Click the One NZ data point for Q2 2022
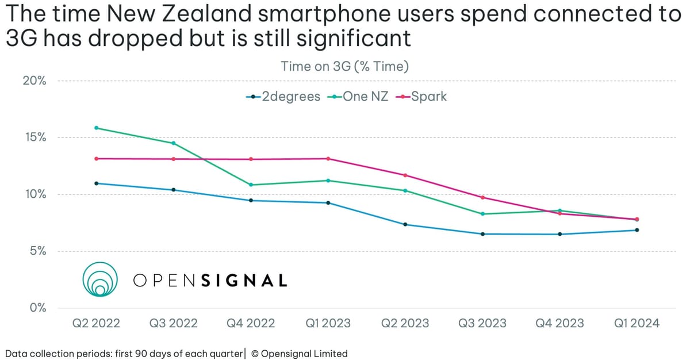pyautogui.click(x=96, y=128)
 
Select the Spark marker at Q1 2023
pyautogui.click(x=328, y=159)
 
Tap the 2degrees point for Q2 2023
pyautogui.click(x=405, y=224)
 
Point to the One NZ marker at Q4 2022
pyautogui.click(x=251, y=185)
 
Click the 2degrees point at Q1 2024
pyautogui.click(x=637, y=230)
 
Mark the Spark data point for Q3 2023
pyautogui.click(x=482, y=197)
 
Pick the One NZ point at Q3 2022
pyautogui.click(x=173, y=143)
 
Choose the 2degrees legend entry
pyautogui.click(x=283, y=97)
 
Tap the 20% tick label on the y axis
pyautogui.click(x=34, y=81)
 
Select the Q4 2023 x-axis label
pyautogui.click(x=559, y=323)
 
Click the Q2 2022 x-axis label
pyautogui.click(x=96, y=323)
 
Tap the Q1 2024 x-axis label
pyautogui.click(x=637, y=323)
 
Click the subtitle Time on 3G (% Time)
pyautogui.click(x=345, y=67)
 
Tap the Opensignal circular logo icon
pyautogui.click(x=100, y=279)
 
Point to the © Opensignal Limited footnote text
pyautogui.click(x=300, y=353)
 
